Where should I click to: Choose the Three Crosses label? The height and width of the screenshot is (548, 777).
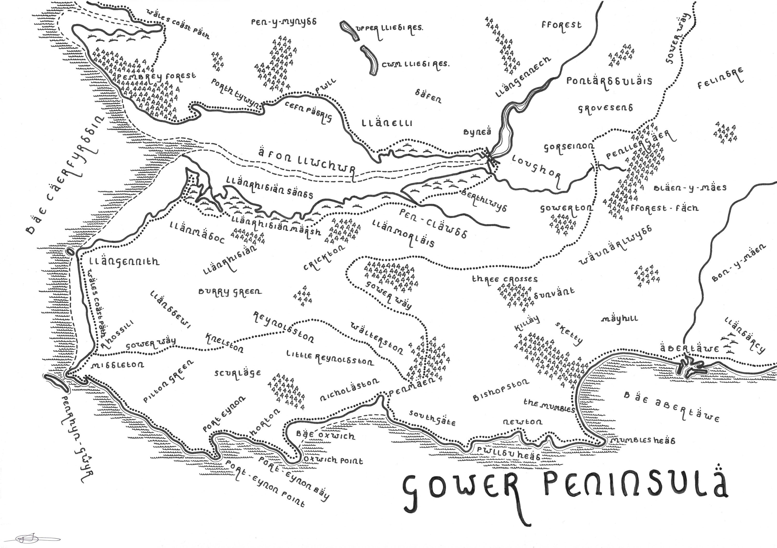click(505, 279)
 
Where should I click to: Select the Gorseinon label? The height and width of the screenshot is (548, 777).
click(569, 147)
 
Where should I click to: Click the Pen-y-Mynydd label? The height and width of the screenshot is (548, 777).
click(284, 22)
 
